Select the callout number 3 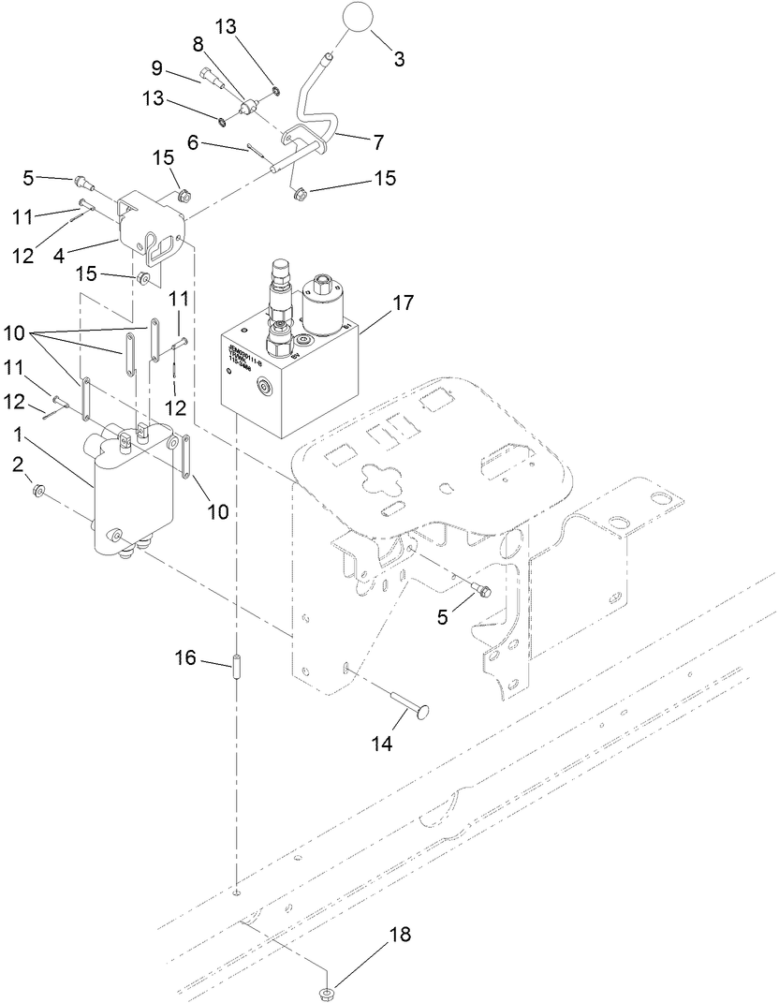coord(399,59)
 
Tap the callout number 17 coord(403,303)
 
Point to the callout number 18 coord(399,935)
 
